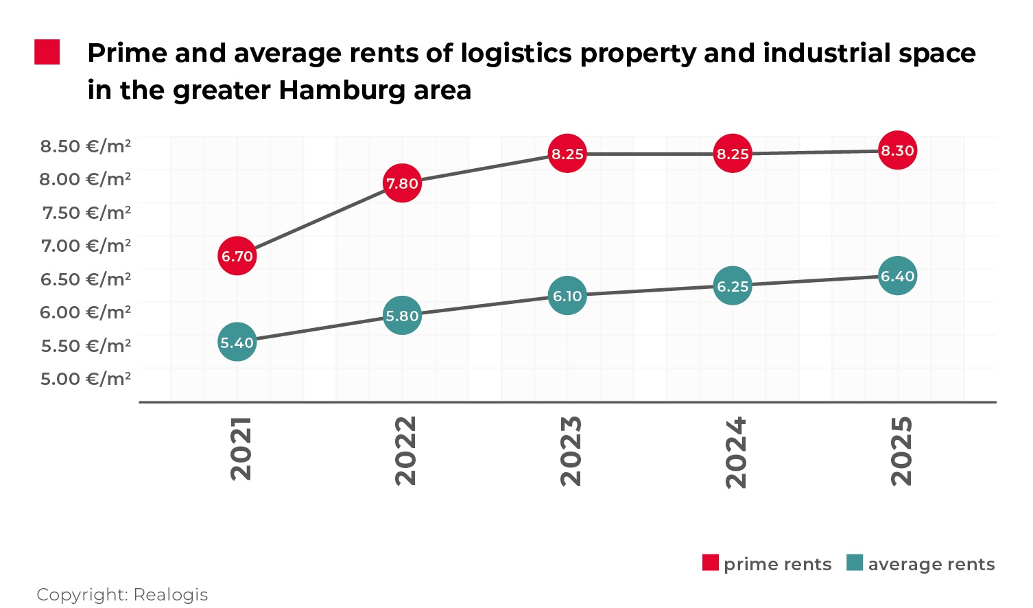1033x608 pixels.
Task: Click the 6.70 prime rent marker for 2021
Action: (237, 256)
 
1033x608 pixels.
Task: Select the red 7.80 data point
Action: (402, 183)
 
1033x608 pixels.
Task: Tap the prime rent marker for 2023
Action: (567, 154)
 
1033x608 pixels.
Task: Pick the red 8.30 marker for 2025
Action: (897, 150)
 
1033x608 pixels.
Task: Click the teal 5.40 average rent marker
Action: (237, 342)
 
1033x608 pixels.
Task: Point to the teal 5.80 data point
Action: (402, 316)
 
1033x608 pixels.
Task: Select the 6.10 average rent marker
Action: (567, 296)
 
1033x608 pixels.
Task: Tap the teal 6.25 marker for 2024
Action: (733, 286)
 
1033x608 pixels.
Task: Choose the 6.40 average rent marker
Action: (897, 276)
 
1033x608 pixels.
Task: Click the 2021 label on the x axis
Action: (241, 449)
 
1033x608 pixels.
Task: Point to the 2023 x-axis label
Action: (571, 451)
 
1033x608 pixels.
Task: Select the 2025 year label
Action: (901, 451)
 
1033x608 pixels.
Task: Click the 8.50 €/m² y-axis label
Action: (86, 146)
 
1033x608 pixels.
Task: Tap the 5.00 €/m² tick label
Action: (86, 379)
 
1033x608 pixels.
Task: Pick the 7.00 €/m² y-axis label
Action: (86, 246)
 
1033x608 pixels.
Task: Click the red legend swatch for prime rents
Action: (711, 563)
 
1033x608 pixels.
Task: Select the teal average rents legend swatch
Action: (855, 563)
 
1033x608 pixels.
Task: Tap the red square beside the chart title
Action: (47, 53)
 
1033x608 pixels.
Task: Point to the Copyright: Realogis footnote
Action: (122, 594)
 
